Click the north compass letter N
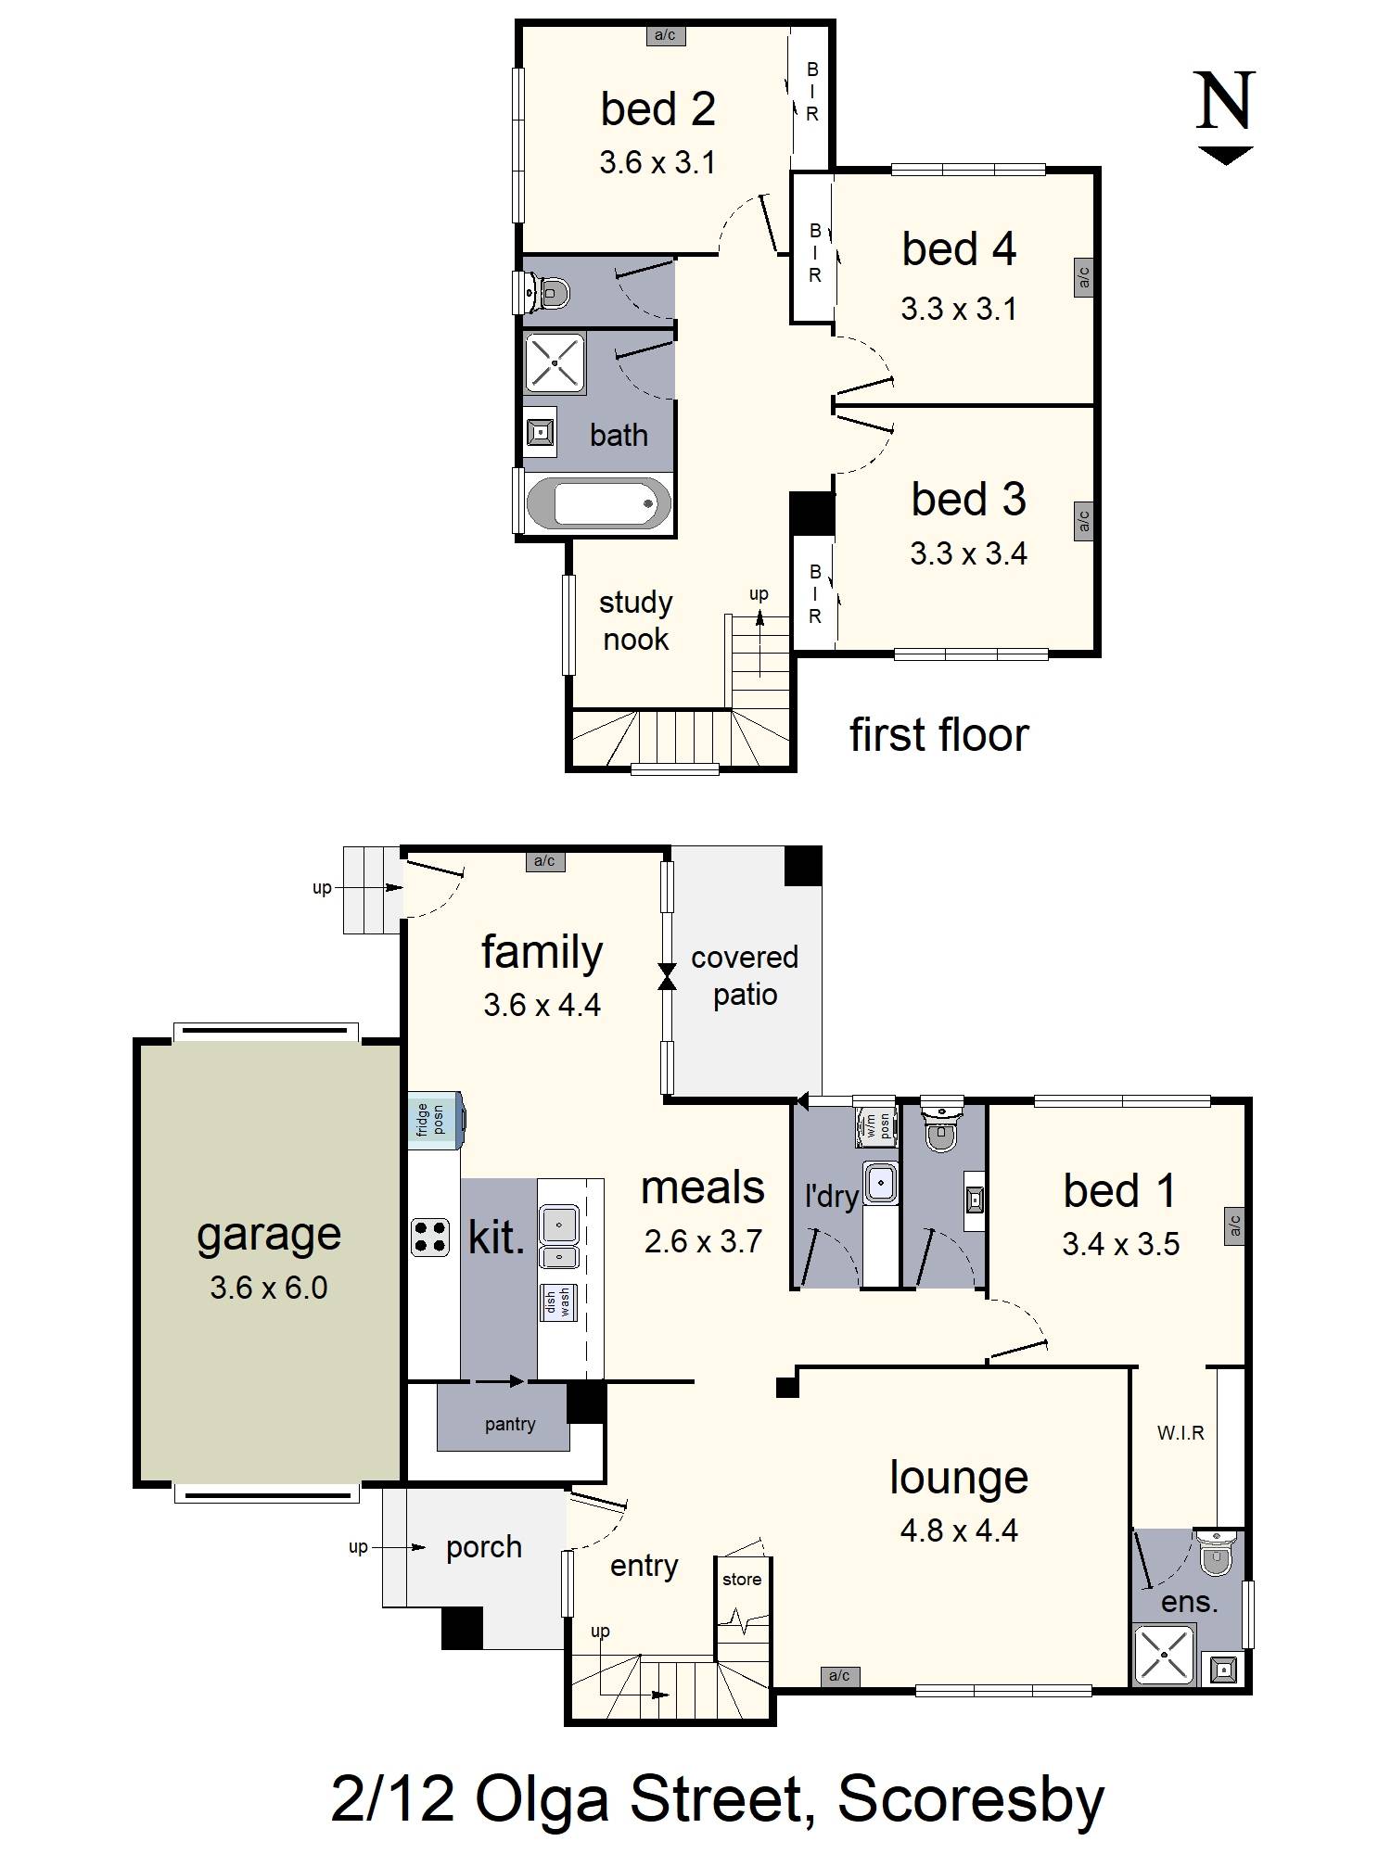[1224, 101]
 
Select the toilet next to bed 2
[545, 292]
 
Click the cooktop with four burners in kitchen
[430, 1237]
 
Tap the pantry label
[509, 1424]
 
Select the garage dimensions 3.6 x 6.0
[268, 1288]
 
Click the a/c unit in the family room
[544, 861]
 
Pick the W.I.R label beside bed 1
[1180, 1433]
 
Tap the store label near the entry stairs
[742, 1579]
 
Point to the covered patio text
[745, 975]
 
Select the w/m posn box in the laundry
[877, 1125]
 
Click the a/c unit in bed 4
[1083, 277]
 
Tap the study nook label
[635, 620]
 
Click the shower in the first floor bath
[555, 362]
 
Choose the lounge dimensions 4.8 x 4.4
[958, 1530]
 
